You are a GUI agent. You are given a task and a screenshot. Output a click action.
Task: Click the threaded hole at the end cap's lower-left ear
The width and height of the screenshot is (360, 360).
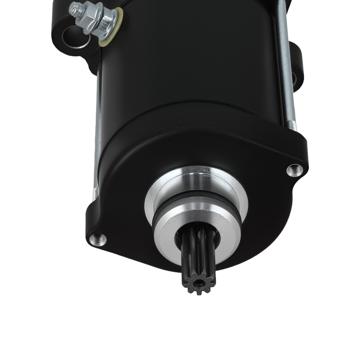pyautogui.click(x=98, y=239)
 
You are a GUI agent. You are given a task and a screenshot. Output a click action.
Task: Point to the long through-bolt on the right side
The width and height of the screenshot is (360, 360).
pyautogui.click(x=286, y=61)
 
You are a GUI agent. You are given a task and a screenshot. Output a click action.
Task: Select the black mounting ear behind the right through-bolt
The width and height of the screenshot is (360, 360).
pyautogui.click(x=297, y=68)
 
